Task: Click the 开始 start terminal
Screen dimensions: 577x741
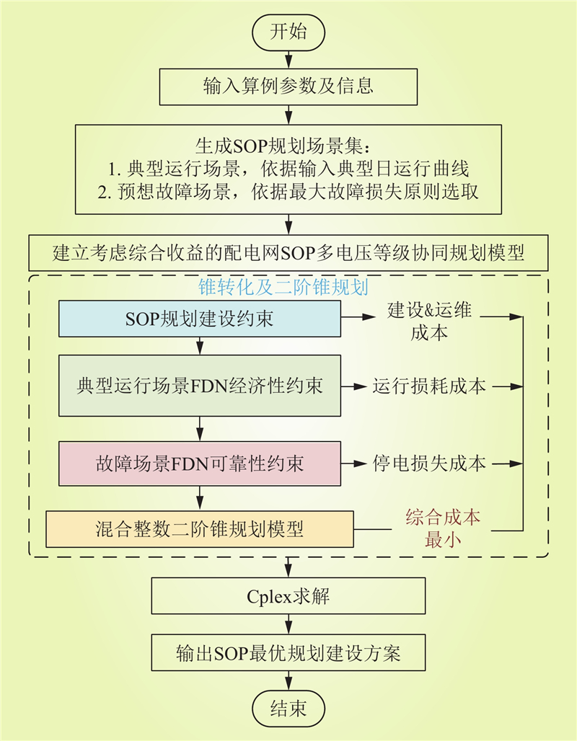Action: click(288, 32)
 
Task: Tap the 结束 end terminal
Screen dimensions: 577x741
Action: click(288, 709)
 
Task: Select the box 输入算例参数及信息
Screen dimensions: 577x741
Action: click(288, 86)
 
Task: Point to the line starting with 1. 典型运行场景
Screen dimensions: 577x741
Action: click(288, 169)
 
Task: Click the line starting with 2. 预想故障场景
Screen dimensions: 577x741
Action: click(288, 192)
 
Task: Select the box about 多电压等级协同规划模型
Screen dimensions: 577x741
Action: click(288, 253)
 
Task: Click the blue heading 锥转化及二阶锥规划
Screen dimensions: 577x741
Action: click(283, 287)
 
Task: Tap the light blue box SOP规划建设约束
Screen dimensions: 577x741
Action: click(200, 319)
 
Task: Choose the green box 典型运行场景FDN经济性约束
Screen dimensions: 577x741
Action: click(200, 386)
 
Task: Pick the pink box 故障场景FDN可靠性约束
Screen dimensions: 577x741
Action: click(200, 463)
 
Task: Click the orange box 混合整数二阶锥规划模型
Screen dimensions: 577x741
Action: click(200, 529)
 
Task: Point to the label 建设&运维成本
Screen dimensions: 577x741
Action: click(429, 321)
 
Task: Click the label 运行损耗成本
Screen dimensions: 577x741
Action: click(429, 386)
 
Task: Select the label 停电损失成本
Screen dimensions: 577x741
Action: click(429, 463)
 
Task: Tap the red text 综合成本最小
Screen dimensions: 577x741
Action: click(443, 528)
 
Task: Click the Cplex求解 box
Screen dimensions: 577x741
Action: click(288, 596)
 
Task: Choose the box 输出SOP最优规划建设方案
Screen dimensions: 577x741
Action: click(288, 652)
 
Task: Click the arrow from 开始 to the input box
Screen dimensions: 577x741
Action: click(288, 60)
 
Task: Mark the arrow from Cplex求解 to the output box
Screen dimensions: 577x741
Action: click(288, 624)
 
